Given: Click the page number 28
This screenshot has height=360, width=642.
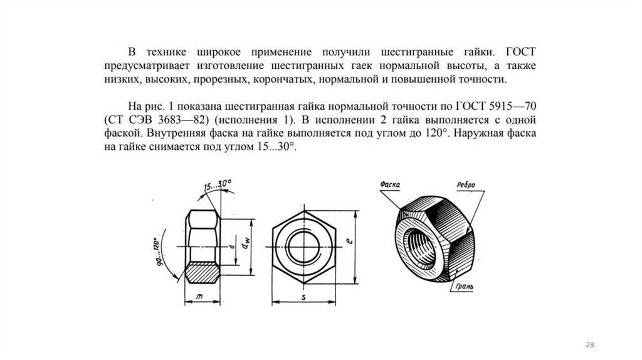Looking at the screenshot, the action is click(x=589, y=345).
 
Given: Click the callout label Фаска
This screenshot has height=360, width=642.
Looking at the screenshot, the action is click(x=390, y=184).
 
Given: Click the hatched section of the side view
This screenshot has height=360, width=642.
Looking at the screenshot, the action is click(x=203, y=272).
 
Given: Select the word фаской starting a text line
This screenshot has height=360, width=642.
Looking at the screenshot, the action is click(x=121, y=134).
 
